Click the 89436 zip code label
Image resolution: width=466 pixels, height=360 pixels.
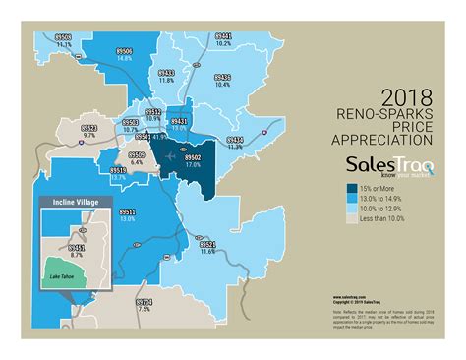221,77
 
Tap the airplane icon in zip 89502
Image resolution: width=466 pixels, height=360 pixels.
174,155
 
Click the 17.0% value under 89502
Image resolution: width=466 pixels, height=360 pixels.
192,164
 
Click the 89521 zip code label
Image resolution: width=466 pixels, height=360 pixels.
205,245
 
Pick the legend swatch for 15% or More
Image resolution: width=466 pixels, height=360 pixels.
351,188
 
